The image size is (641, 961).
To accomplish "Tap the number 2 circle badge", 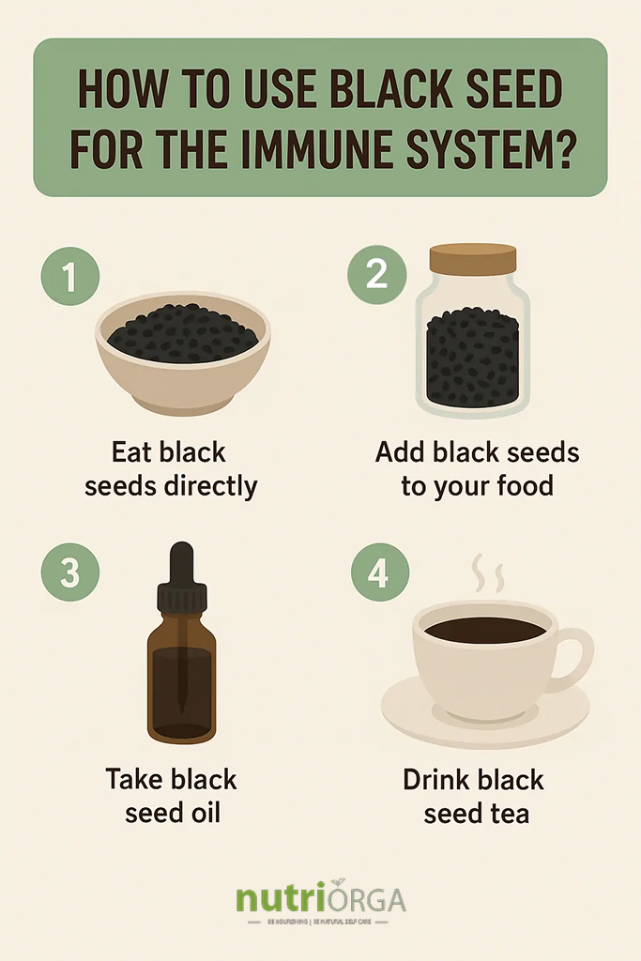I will (376, 275).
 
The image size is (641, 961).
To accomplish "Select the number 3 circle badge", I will (69, 573).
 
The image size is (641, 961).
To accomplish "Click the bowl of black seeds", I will (183, 352).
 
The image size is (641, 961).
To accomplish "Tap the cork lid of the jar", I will (473, 258).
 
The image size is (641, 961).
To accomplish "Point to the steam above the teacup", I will (486, 572).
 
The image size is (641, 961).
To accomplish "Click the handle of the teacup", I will (573, 657).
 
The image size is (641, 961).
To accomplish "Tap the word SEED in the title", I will (506, 90).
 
